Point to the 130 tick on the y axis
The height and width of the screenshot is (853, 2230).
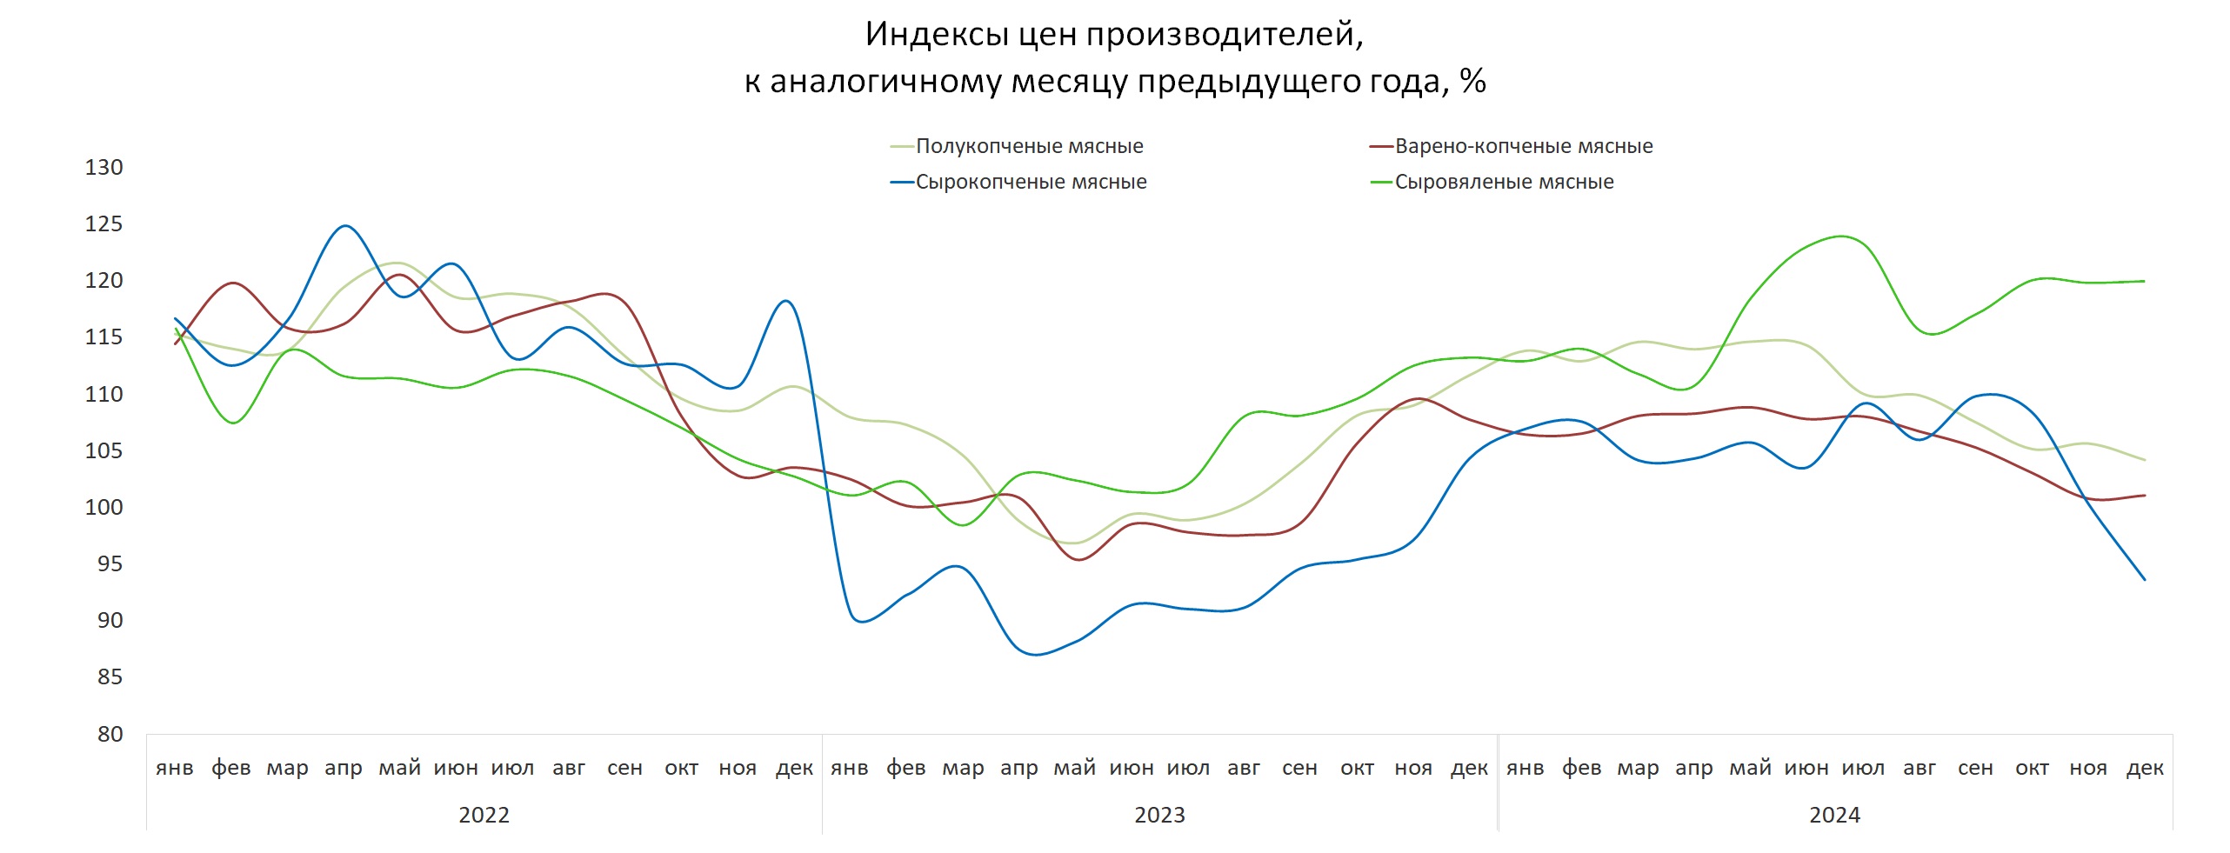[103, 167]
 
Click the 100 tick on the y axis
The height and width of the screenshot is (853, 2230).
[103, 507]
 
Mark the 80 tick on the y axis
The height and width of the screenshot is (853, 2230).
[110, 734]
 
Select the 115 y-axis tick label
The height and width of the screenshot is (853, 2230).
[103, 337]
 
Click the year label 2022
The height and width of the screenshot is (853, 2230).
[484, 815]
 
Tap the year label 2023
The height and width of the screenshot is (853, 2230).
[1159, 815]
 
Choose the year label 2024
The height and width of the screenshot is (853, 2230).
[1834, 815]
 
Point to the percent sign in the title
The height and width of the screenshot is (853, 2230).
[1472, 81]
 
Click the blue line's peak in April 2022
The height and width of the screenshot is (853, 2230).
[345, 226]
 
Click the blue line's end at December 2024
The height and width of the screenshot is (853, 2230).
[2144, 579]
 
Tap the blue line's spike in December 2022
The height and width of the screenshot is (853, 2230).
[786, 301]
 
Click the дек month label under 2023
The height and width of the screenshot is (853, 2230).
[1469, 768]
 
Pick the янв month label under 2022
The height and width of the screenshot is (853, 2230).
[174, 768]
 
